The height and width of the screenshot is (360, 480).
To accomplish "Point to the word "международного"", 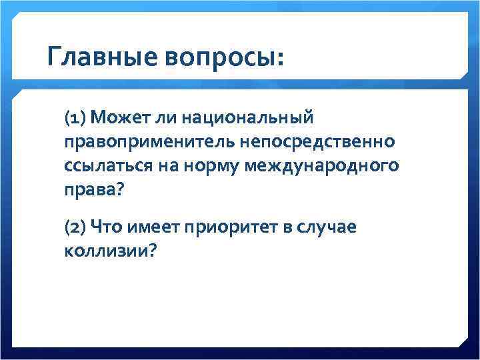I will point(322,166).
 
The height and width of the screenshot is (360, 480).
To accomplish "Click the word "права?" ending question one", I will point(93,189).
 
